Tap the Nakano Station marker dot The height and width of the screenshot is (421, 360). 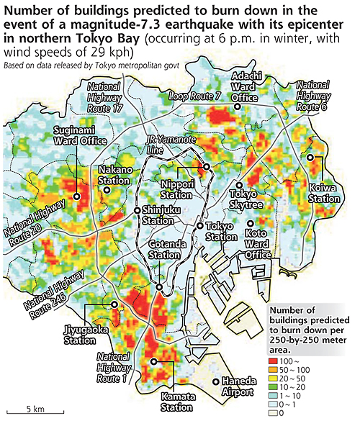[x=107, y=190]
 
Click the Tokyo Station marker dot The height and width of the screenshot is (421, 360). [x=200, y=226]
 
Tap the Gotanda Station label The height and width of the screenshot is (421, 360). [x=164, y=250]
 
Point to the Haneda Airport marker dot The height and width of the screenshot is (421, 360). [x=215, y=381]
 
